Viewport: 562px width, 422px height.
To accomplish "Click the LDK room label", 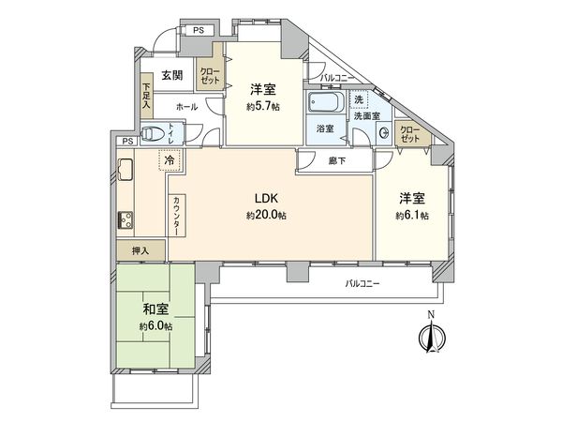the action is tap(266, 198).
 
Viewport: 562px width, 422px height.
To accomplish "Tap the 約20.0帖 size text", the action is tap(266, 216).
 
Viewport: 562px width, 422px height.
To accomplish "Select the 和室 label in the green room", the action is tap(155, 309).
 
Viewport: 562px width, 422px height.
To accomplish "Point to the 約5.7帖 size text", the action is tap(263, 107).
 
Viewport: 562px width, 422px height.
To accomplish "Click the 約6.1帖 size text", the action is tap(412, 216).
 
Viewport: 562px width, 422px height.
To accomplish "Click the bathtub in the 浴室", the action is tap(324, 102).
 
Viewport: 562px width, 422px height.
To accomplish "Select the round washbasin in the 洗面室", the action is tap(384, 133).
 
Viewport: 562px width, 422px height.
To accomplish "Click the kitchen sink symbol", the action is tap(126, 169).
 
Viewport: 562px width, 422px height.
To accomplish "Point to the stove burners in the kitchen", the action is tap(126, 220).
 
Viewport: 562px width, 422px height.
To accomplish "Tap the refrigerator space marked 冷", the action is tap(170, 160).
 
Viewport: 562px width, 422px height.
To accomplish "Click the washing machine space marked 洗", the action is tap(359, 99).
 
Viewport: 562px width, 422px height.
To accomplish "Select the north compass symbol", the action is tap(432, 336).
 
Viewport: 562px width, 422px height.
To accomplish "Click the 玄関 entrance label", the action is tap(172, 75).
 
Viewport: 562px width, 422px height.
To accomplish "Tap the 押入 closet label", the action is tap(140, 250).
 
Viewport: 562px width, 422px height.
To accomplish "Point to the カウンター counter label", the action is tap(177, 216).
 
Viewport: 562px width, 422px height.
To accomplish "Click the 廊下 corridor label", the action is tap(337, 161).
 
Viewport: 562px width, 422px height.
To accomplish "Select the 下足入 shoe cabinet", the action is tap(147, 96).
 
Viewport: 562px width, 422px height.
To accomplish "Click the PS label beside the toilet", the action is tap(127, 142).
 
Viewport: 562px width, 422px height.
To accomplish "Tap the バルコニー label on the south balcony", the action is tap(362, 284).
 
